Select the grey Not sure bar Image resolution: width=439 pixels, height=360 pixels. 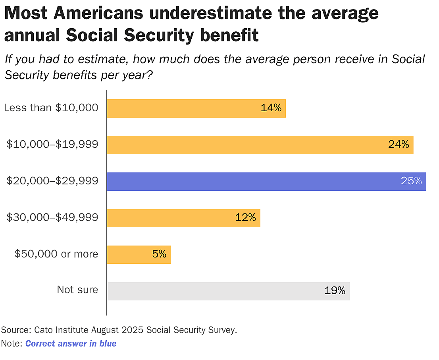tap(228, 291)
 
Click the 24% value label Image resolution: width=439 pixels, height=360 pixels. tap(398, 145)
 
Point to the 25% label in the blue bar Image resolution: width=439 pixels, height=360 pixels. tap(411, 181)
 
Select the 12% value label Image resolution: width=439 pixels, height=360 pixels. tap(245, 218)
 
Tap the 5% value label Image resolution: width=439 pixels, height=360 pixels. tap(159, 254)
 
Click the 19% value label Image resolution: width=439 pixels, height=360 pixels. tap(335, 291)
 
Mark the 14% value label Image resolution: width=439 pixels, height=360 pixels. tap(271, 108)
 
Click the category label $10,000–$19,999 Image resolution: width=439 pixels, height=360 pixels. tap(52, 145)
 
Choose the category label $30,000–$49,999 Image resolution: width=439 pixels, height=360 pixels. tap(52, 217)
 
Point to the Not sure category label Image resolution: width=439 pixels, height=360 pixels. tap(77, 290)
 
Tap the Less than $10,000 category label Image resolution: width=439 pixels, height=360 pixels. tap(51, 108)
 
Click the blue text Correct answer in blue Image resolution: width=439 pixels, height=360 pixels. tap(71, 344)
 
